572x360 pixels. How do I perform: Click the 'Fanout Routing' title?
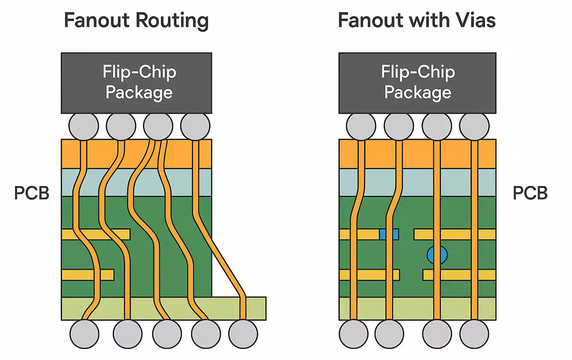[x=136, y=21]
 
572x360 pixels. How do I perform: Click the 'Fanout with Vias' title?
[x=416, y=21]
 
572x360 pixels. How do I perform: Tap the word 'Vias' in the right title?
[x=475, y=21]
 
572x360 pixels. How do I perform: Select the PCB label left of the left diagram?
[x=31, y=193]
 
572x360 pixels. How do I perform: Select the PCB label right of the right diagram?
[x=530, y=193]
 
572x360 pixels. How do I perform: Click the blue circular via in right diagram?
[x=437, y=255]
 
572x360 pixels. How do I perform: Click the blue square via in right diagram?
[x=389, y=234]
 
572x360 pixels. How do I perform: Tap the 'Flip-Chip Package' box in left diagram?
[x=136, y=83]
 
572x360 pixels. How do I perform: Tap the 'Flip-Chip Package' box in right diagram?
[x=417, y=83]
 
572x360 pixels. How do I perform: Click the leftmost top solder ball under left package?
[x=83, y=126]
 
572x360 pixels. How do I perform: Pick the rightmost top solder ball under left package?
[x=195, y=126]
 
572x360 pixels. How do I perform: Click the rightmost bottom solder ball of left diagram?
[x=243, y=334]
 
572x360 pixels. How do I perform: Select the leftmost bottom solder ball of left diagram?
[x=84, y=334]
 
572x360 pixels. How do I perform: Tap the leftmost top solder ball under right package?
[x=361, y=126]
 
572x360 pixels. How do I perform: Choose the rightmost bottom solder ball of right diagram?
[x=474, y=334]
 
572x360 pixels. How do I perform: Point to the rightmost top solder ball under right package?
[x=474, y=126]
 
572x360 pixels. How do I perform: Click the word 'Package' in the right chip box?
[x=417, y=93]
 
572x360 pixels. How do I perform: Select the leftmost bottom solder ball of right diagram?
[x=354, y=334]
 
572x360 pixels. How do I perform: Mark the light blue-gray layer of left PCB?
[x=183, y=183]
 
